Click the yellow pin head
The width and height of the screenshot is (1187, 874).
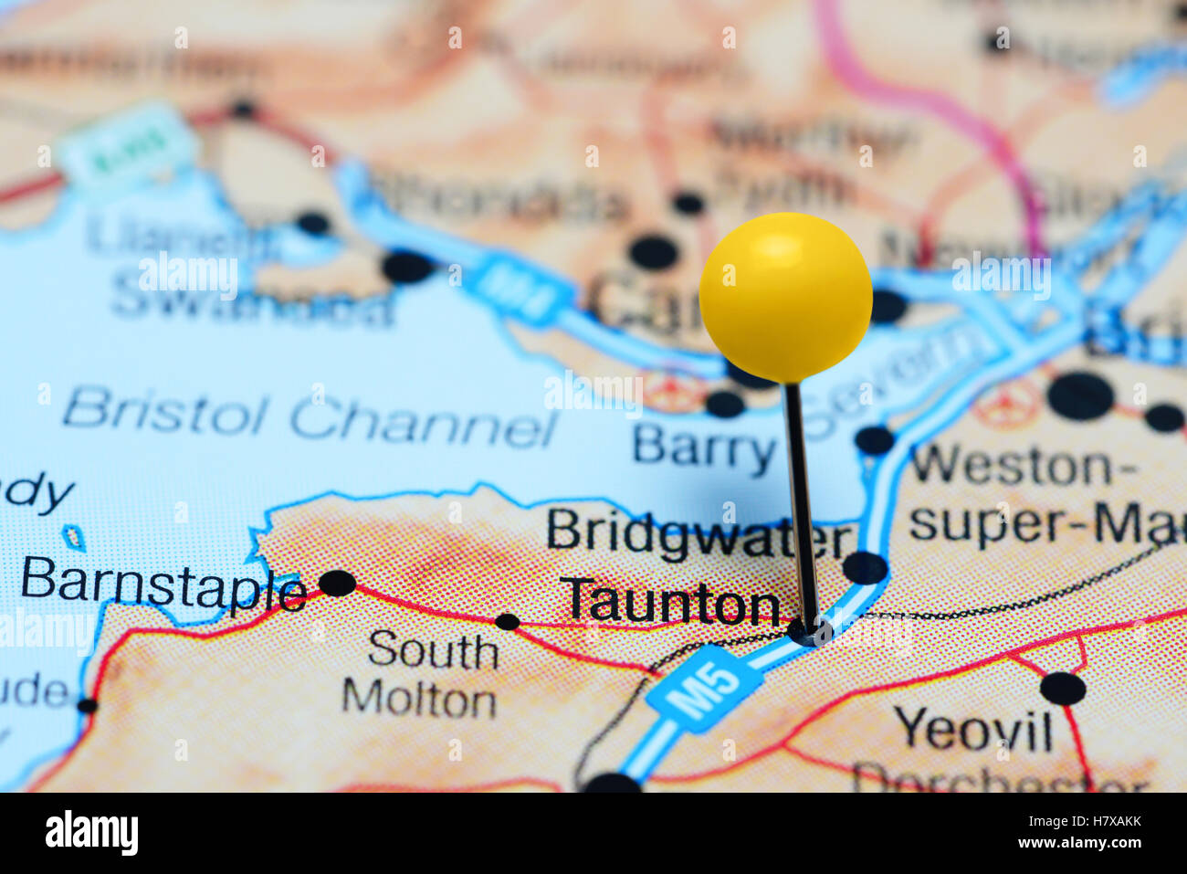785,296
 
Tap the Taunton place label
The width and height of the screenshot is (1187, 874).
671,603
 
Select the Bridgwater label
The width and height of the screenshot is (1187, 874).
699,535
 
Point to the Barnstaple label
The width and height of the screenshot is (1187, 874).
163,584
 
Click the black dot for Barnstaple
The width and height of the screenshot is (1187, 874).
337,583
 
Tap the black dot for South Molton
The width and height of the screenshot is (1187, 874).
507,622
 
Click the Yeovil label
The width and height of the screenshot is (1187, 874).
973,729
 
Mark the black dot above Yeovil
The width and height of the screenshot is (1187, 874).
1063,688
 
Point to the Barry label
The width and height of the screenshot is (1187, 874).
704,448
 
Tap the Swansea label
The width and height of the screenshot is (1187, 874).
252,306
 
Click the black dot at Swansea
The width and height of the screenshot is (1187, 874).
407,267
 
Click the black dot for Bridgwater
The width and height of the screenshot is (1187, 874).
864,568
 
